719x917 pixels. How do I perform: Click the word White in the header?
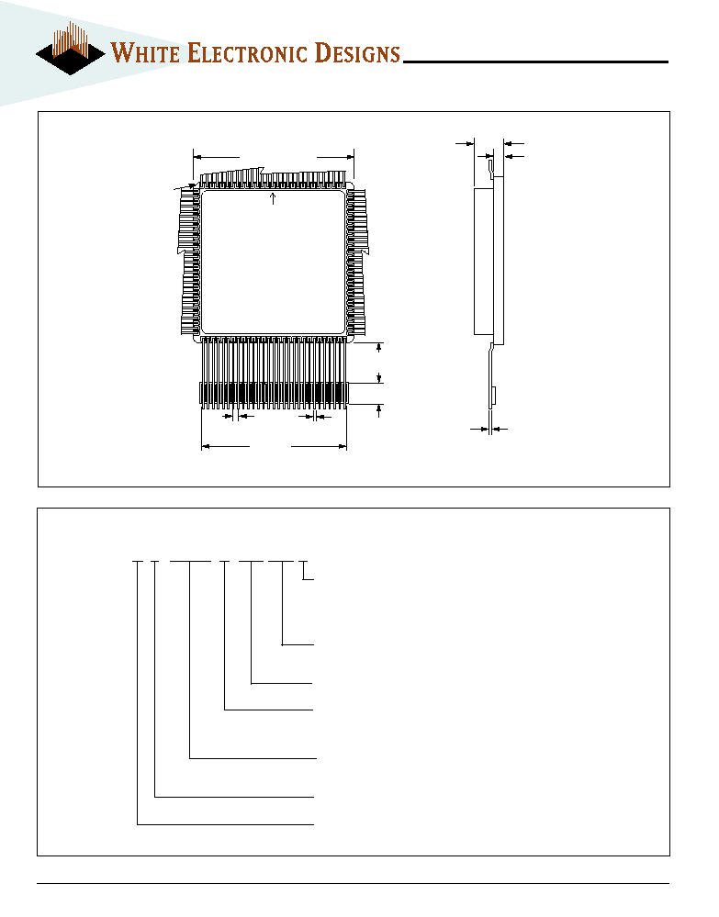coord(145,52)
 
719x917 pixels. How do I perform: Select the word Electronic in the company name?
coord(247,52)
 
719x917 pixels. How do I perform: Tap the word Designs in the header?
coord(357,52)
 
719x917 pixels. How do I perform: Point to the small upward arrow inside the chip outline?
coord(273,199)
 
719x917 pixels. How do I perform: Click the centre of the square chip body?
coord(273,262)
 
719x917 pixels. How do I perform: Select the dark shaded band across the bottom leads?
coord(274,393)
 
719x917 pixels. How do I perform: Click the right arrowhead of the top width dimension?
coord(350,157)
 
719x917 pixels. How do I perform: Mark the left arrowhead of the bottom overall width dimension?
coord(206,447)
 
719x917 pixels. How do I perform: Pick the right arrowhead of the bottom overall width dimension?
coord(343,447)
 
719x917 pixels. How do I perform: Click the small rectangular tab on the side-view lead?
coord(494,396)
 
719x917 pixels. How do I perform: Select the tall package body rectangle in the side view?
coord(484,262)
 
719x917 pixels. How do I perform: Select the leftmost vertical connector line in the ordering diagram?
coord(138,693)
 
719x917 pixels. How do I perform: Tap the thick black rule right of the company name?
coord(536,62)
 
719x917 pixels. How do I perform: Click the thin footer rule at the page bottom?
coord(354,883)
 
